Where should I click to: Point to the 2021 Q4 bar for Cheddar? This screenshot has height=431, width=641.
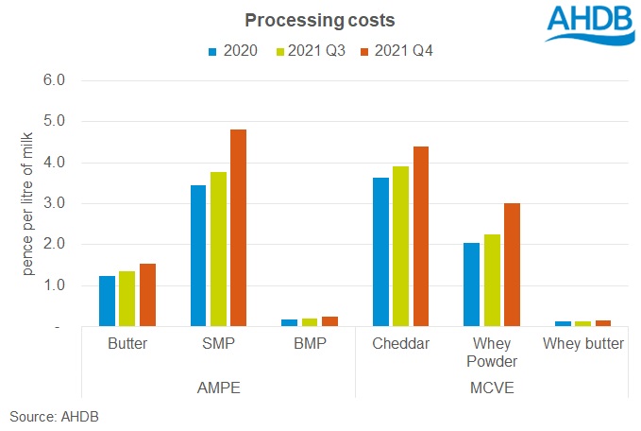(x=420, y=236)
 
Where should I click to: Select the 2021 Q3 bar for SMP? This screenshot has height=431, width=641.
(x=218, y=249)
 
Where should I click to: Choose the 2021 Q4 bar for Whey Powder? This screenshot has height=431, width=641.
(x=511, y=265)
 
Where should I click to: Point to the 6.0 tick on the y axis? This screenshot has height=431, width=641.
(x=55, y=80)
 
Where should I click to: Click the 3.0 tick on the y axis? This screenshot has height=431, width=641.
(x=55, y=203)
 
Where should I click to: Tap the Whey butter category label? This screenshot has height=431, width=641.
(x=583, y=344)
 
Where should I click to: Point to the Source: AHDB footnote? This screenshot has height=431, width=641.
(x=55, y=416)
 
